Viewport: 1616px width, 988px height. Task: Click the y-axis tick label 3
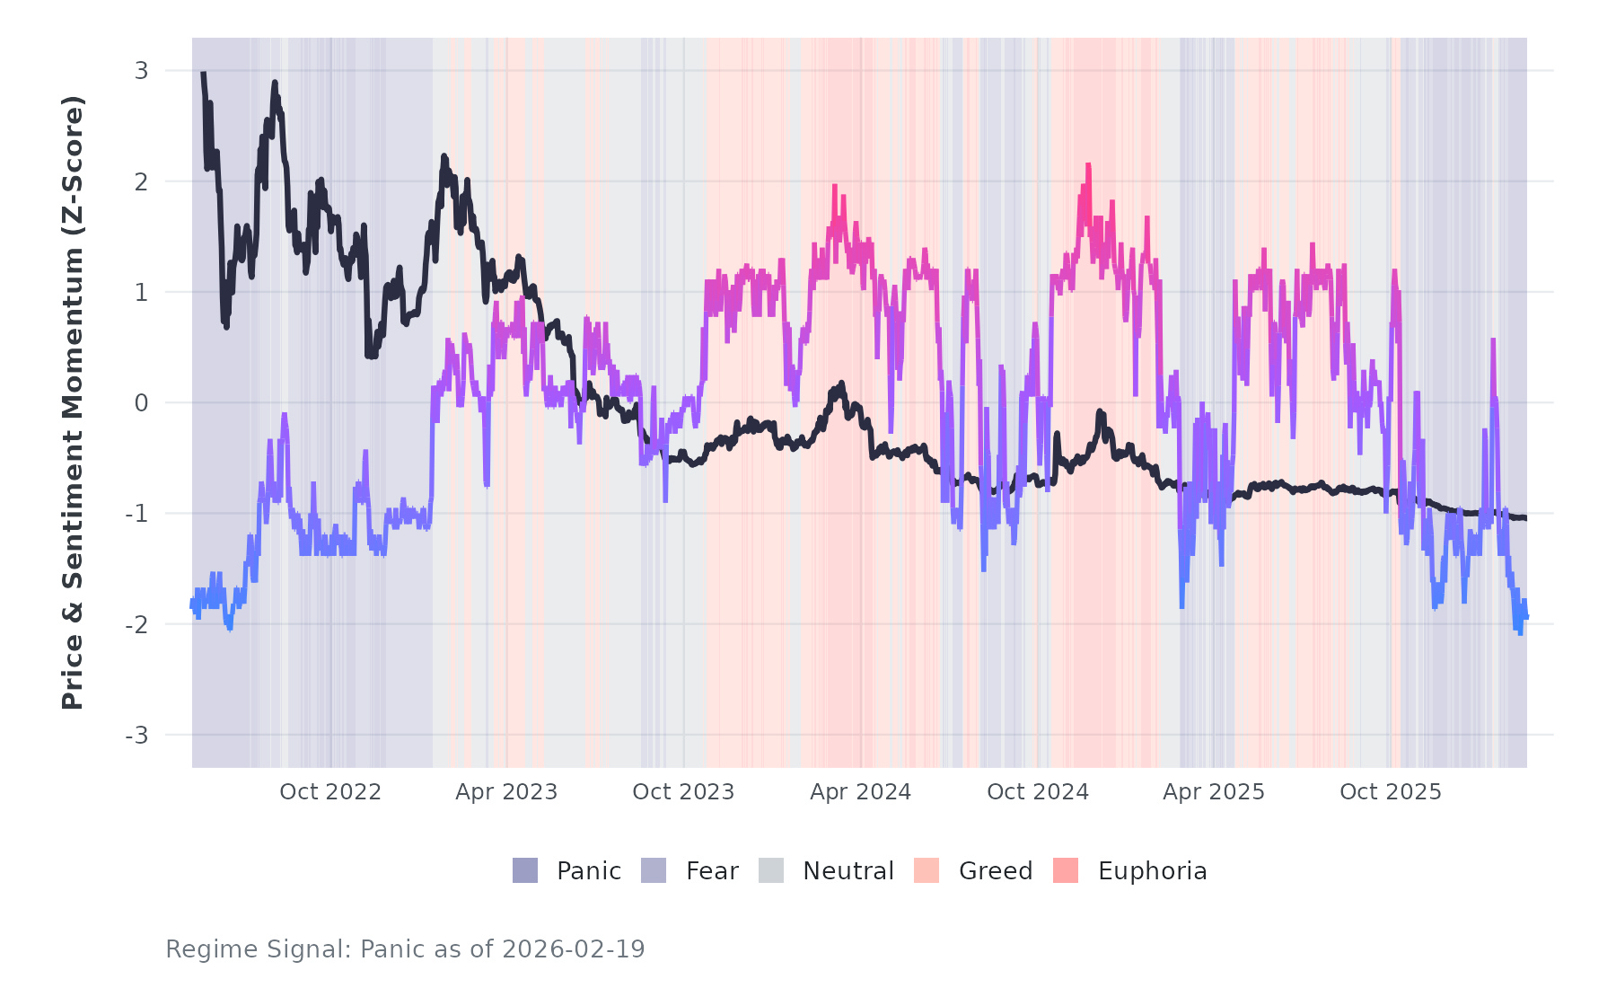point(141,71)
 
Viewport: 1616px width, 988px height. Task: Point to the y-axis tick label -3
point(136,736)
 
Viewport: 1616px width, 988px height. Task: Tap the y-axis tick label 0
point(141,403)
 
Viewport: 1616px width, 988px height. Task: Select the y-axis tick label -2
point(136,625)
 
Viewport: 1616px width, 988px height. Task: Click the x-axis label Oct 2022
point(330,792)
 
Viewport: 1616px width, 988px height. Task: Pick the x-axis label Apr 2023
point(506,792)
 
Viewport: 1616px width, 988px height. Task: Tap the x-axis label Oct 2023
point(683,792)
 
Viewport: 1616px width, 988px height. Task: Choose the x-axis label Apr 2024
point(860,792)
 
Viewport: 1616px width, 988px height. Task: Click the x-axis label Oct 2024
point(1038,792)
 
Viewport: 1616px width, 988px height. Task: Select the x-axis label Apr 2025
point(1214,792)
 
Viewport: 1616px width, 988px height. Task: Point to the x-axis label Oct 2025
point(1391,792)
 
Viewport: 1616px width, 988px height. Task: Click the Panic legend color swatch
point(525,870)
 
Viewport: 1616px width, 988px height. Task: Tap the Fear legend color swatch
point(654,870)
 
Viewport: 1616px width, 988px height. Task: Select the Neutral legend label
point(848,871)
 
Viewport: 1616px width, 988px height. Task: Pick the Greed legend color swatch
point(927,870)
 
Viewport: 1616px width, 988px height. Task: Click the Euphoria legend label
point(1152,871)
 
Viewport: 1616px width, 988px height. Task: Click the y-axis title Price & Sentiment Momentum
point(73,402)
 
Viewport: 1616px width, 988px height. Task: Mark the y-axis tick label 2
point(141,182)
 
